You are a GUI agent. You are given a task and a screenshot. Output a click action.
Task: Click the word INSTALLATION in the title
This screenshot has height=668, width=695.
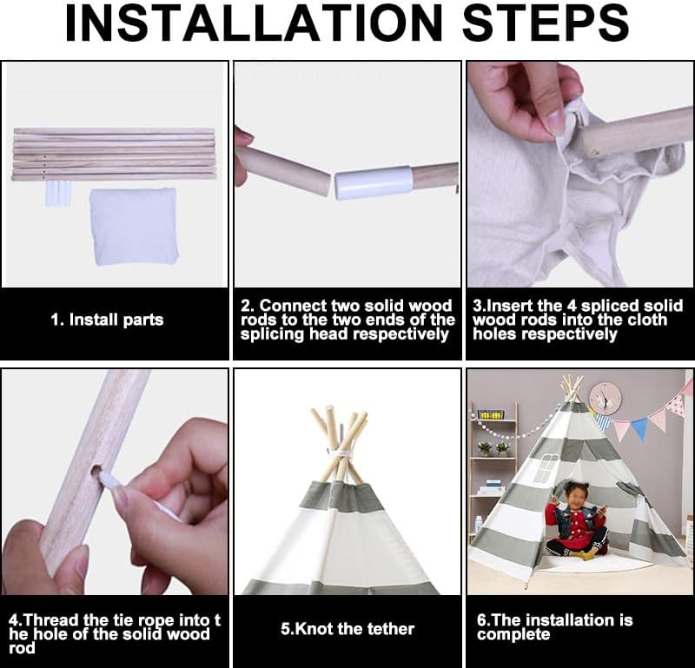click(254, 23)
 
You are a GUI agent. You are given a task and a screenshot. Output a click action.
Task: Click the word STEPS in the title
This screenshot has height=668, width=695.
click(546, 23)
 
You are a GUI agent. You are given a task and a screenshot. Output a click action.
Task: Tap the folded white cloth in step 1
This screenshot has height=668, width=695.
click(134, 226)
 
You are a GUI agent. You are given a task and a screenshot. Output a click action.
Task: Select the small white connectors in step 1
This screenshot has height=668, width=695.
click(57, 193)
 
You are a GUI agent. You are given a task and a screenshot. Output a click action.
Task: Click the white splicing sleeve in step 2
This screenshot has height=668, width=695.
click(374, 182)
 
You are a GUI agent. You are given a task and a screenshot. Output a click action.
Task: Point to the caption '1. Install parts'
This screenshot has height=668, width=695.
click(107, 320)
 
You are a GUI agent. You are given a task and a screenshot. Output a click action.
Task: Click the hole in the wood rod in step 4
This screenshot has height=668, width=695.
click(97, 472)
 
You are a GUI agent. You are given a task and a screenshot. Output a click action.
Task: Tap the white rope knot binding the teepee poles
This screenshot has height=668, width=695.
click(341, 456)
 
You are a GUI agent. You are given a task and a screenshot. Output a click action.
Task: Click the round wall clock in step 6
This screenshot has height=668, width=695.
click(605, 400)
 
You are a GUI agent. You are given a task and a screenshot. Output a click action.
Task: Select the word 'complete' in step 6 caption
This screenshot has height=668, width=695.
click(513, 635)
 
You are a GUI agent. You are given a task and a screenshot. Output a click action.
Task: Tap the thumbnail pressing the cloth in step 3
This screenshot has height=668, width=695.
click(557, 119)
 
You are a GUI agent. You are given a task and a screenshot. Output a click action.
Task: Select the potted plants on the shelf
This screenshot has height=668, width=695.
click(493, 448)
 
